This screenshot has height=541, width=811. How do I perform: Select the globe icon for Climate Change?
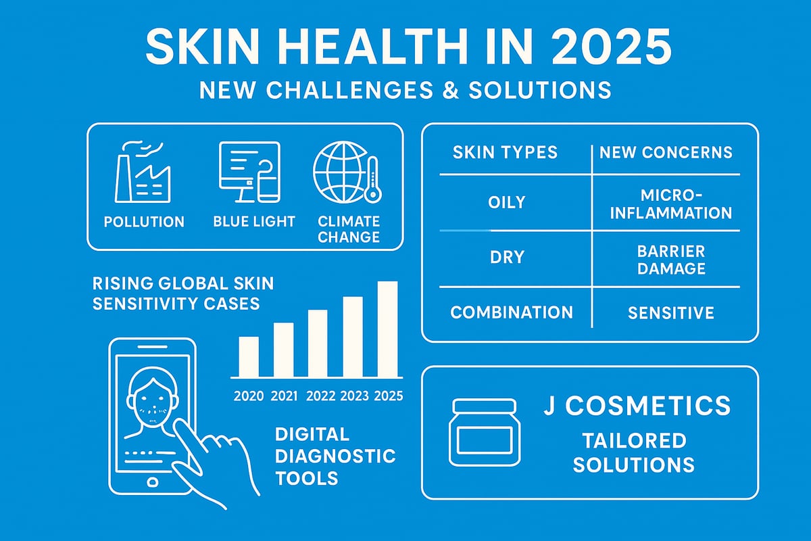coord(339,170)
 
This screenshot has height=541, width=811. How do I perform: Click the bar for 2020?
coord(249,356)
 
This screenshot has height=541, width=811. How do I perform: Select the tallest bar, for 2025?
coord(387,329)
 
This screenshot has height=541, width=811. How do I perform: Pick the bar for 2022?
coord(318,343)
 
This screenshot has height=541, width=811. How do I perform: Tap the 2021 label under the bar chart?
coord(284,396)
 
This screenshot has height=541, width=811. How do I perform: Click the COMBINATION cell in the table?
coord(512,312)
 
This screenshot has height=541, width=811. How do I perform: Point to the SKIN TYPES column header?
coord(506,152)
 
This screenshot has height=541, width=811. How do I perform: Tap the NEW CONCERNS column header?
coord(666,152)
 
